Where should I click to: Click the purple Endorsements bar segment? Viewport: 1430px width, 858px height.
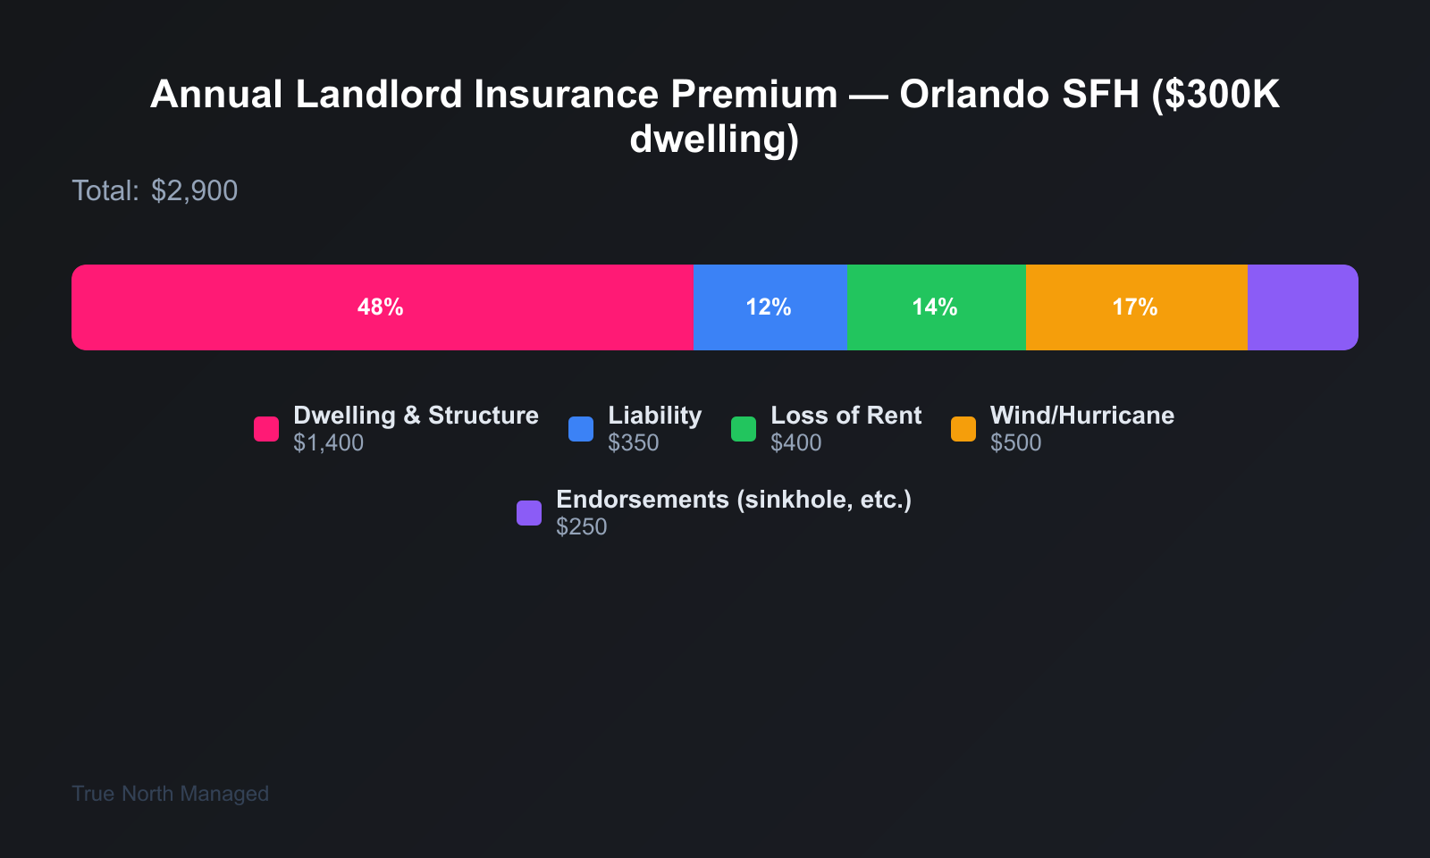[x=1302, y=307]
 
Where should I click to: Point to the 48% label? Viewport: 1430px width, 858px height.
[x=381, y=307]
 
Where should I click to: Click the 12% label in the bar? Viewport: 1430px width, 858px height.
[x=769, y=307]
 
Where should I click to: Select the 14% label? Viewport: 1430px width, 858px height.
[x=935, y=307]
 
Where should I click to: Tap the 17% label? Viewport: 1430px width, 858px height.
[x=1135, y=307]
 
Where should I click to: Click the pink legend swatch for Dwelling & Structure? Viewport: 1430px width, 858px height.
[x=266, y=429]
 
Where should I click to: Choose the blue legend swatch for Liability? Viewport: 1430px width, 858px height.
[x=581, y=429]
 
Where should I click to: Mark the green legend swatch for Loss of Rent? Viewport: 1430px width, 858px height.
[x=744, y=429]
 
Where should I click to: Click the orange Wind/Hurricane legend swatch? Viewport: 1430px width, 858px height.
[x=963, y=429]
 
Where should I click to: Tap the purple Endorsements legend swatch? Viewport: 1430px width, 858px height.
[x=529, y=513]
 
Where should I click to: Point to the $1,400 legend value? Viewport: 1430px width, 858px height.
[x=329, y=443]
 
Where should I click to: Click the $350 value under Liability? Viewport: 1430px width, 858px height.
[x=634, y=443]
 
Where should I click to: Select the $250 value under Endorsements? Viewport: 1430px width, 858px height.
[x=582, y=527]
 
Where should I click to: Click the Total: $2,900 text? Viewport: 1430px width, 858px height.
[x=155, y=190]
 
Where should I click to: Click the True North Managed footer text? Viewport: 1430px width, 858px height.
[x=170, y=794]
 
